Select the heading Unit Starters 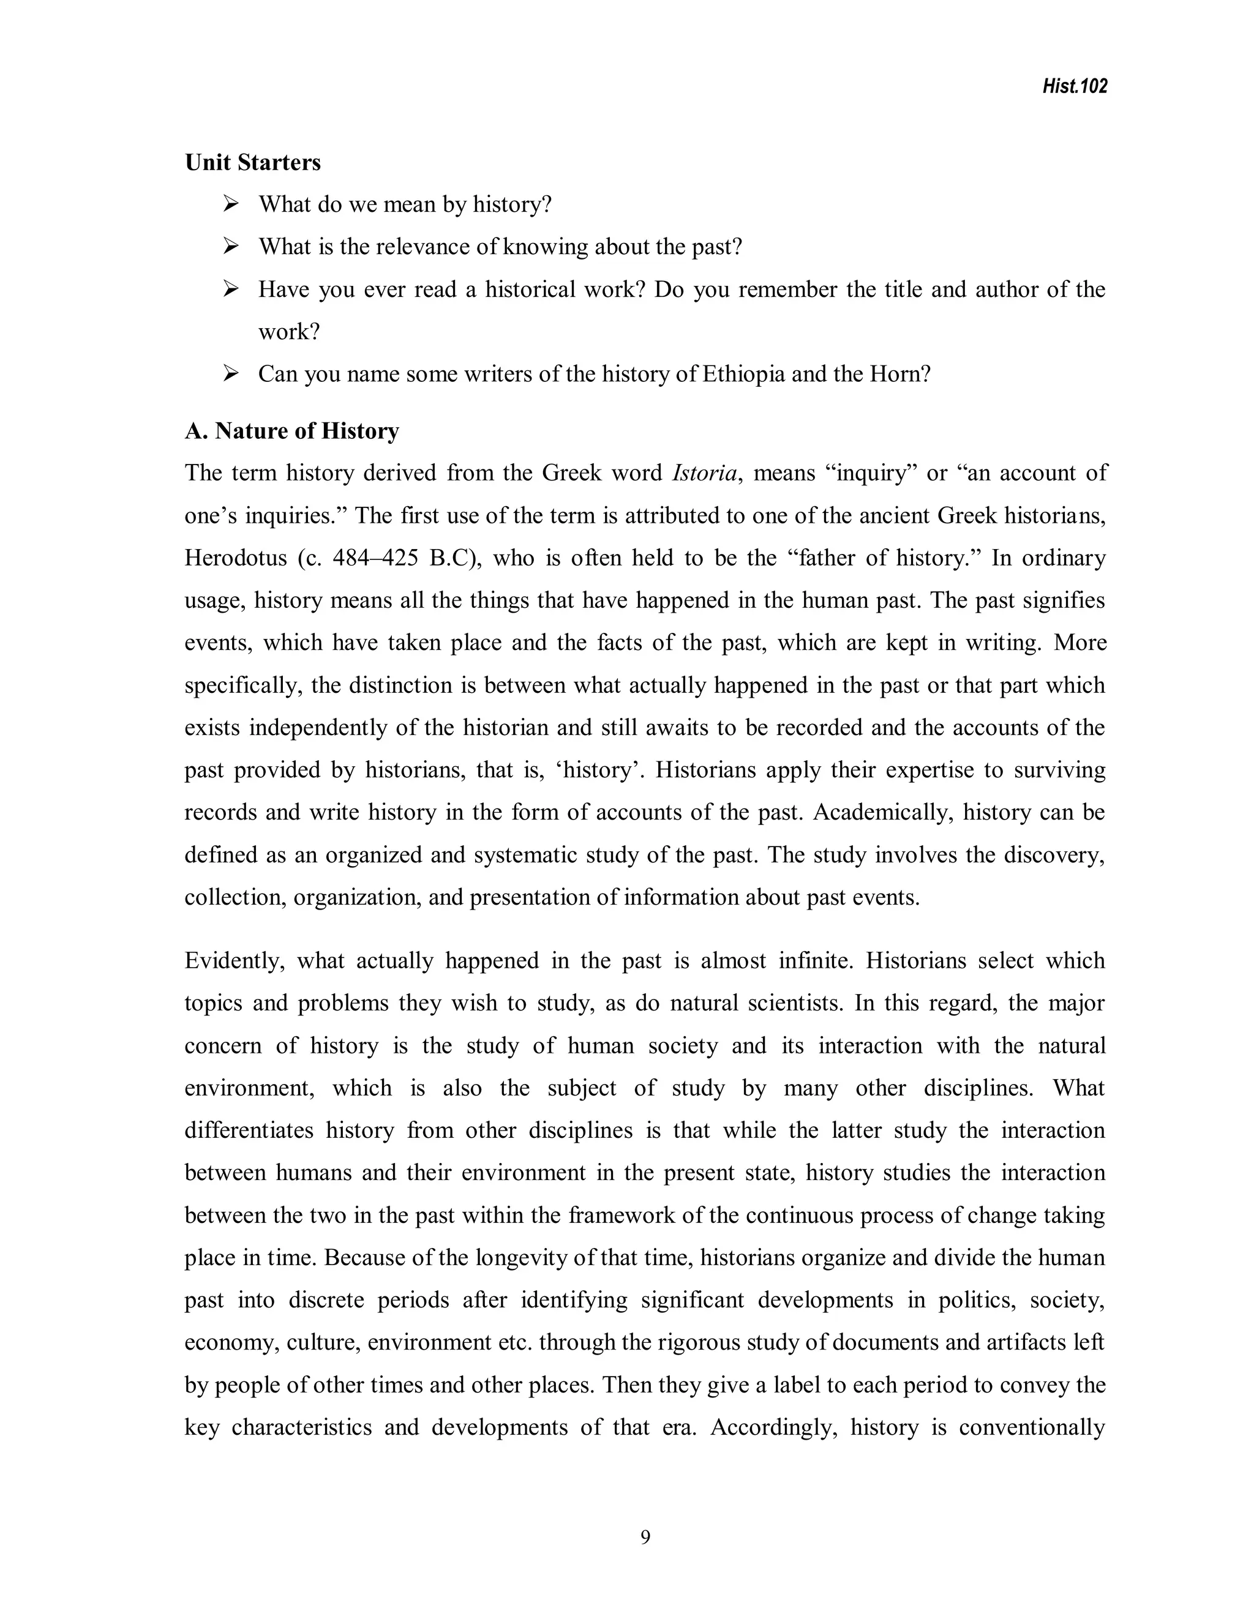click(253, 163)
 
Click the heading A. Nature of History click(292, 431)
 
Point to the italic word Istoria click(705, 473)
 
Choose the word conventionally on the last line click(1032, 1427)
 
